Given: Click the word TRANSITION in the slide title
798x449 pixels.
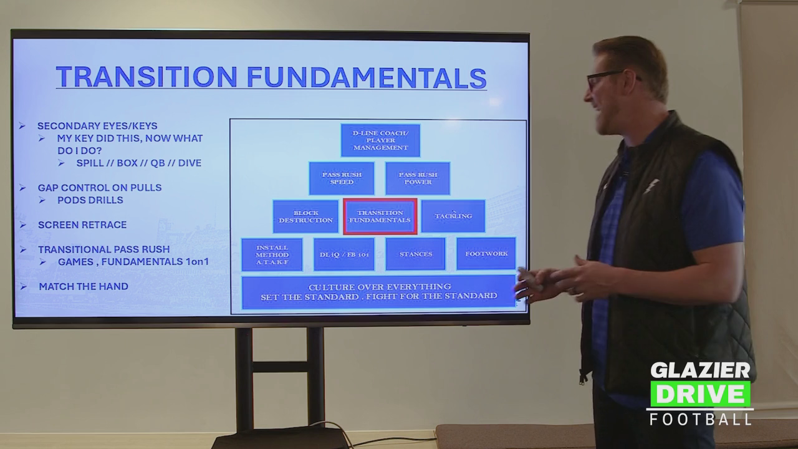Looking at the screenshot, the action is [x=147, y=77].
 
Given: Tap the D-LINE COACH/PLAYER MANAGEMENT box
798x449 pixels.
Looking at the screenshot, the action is [x=380, y=140].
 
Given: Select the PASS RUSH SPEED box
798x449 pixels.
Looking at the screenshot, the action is [x=342, y=178].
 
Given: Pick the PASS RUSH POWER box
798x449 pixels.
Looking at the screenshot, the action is [x=418, y=178].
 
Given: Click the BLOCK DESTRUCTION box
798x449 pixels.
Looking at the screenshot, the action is [x=305, y=216].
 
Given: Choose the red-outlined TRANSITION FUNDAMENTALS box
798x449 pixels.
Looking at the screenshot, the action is [x=380, y=216].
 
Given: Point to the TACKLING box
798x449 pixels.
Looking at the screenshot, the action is [x=453, y=216].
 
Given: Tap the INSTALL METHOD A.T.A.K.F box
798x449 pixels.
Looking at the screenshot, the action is [x=272, y=255].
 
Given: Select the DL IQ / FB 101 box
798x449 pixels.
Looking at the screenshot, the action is [x=344, y=254].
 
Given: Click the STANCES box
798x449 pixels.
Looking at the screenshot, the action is [x=416, y=254].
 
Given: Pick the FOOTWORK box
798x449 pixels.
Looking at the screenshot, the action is [x=486, y=254].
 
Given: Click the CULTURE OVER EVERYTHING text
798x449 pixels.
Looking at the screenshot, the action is [x=380, y=287].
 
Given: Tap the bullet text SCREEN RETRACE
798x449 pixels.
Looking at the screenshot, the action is [x=82, y=225].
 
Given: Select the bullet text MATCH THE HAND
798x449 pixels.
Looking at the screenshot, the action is [x=84, y=286].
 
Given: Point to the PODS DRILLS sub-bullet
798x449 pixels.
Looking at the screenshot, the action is [x=90, y=200].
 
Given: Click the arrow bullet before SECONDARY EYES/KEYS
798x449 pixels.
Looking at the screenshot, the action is [x=22, y=126].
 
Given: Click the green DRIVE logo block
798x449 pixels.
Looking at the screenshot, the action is [x=700, y=393].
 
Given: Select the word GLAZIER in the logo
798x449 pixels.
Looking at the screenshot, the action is [x=700, y=370].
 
